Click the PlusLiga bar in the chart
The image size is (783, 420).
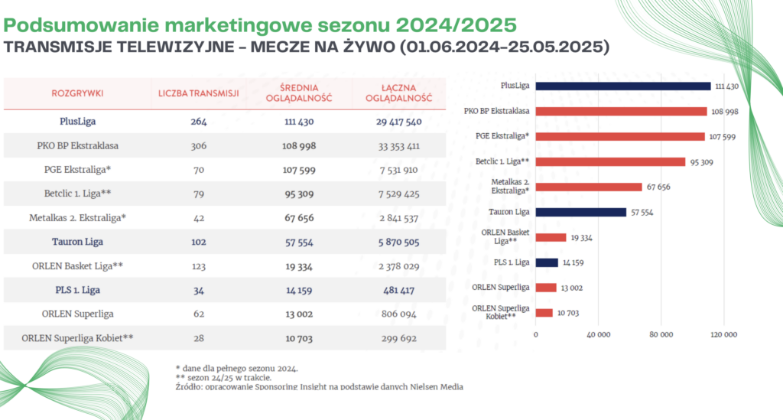pos(623,86)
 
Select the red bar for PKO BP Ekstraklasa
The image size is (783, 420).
pos(621,112)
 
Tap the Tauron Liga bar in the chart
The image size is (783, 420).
pos(581,212)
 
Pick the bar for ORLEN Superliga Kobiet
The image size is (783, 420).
pos(544,313)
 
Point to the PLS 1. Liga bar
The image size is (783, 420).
pos(547,262)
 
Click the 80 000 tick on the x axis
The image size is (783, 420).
pos(661,334)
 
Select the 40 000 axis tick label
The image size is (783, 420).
pos(598,334)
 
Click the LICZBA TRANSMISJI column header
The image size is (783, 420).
pos(199,93)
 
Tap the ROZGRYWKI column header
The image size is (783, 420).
pos(77,93)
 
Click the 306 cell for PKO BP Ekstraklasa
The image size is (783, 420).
pos(199,145)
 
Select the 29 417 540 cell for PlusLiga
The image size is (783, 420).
pos(398,121)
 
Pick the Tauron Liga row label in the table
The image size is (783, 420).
pos(77,242)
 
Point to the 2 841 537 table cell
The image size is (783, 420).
pos(398,217)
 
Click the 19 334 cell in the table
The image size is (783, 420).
pos(294,265)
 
